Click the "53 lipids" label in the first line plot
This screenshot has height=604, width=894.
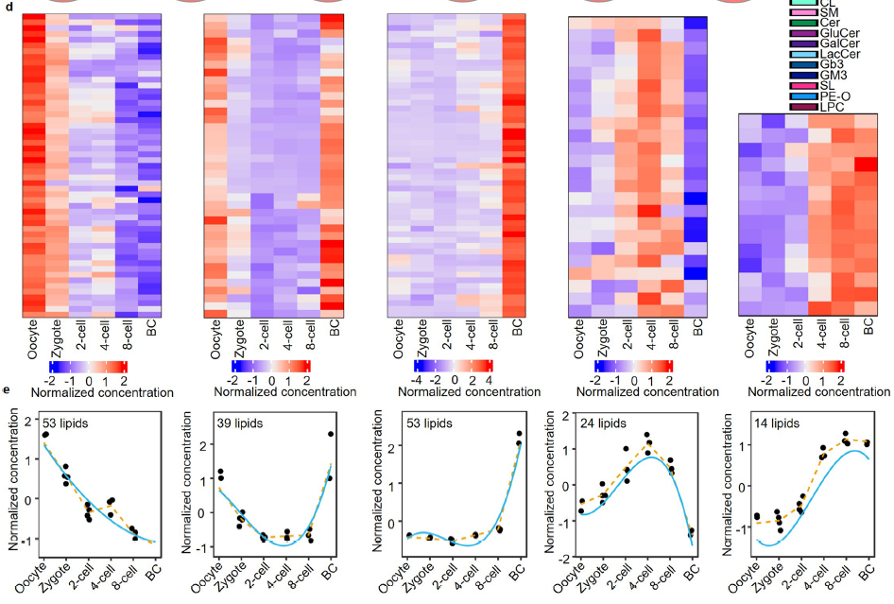pyautogui.click(x=65, y=423)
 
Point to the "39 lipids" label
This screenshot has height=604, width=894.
pyautogui.click(x=240, y=423)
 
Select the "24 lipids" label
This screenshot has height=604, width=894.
pyautogui.click(x=603, y=423)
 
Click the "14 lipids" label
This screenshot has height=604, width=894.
pyautogui.click(x=777, y=423)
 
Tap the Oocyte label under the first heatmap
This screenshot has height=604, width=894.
pyautogui.click(x=32, y=340)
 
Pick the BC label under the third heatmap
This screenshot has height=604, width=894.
pyautogui.click(x=517, y=327)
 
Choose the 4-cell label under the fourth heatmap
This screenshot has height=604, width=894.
pyautogui.click(x=650, y=335)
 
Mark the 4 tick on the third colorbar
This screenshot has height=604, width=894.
pyautogui.click(x=489, y=380)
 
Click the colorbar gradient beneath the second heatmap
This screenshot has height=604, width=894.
pyautogui.click(x=271, y=366)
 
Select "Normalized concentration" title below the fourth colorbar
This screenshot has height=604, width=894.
pyautogui.click(x=647, y=392)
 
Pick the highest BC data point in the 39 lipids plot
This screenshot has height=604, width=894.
pyautogui.click(x=331, y=434)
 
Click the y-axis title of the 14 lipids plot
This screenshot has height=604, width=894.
pyautogui.click(x=727, y=485)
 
